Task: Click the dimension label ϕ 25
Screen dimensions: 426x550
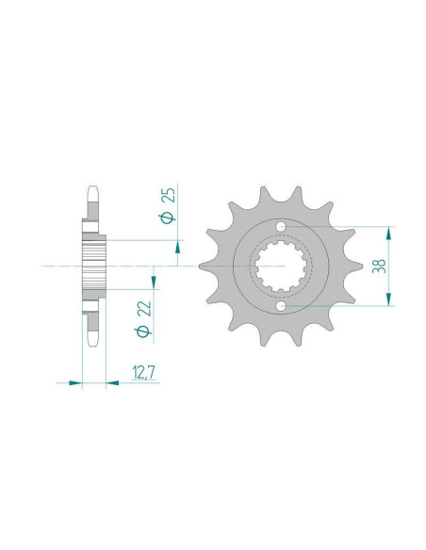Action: (x=168, y=205)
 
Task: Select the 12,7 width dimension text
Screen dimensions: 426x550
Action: (x=143, y=373)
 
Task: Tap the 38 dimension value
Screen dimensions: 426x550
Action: (x=379, y=267)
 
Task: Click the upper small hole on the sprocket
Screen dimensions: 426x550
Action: (x=280, y=227)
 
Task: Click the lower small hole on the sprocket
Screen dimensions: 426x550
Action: (x=280, y=306)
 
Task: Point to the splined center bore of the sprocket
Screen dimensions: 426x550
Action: (x=281, y=267)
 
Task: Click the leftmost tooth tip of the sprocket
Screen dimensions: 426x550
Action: (x=200, y=267)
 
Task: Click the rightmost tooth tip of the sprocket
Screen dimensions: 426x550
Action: (x=362, y=267)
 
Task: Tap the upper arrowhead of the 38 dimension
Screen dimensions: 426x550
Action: (x=388, y=233)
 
